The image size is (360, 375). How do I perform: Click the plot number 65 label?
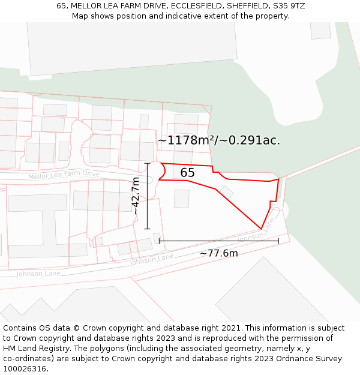coord(187,173)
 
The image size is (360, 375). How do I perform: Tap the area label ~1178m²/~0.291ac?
coord(219,140)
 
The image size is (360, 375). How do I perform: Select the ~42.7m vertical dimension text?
coord(136,196)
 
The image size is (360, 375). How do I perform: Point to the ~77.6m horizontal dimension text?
coord(218,253)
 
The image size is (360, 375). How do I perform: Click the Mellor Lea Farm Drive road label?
coord(64,175)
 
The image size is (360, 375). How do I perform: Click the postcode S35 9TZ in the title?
coord(289,5)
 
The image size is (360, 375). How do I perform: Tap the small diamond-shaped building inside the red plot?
coord(226,192)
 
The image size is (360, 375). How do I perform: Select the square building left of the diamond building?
coord(181,199)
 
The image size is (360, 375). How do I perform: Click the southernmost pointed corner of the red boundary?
coord(261,229)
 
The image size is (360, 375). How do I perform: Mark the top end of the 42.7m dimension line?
coord(147,163)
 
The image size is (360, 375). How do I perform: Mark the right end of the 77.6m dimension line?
coord(278,241)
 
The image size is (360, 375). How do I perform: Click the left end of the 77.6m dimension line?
coord(159,241)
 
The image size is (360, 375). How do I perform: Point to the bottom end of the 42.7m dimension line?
coord(147,229)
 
